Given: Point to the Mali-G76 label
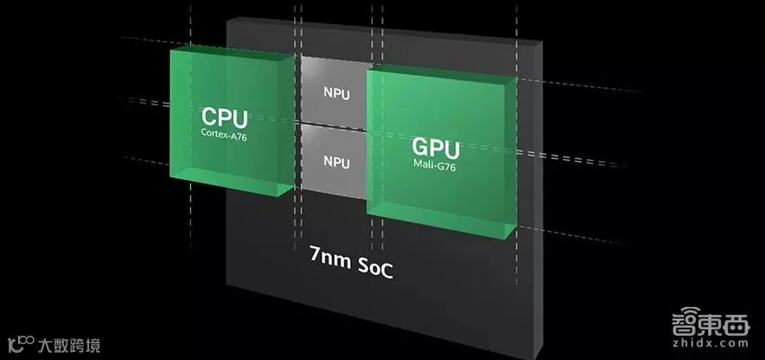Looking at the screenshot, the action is click(x=436, y=165).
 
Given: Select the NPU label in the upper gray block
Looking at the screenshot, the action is click(x=337, y=92).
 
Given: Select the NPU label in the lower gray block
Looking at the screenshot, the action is click(x=337, y=162).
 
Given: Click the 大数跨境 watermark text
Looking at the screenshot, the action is click(x=69, y=344).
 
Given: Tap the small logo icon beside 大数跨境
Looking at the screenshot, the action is click(x=19, y=343).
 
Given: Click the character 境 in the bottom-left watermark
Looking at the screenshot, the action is click(x=94, y=344).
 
